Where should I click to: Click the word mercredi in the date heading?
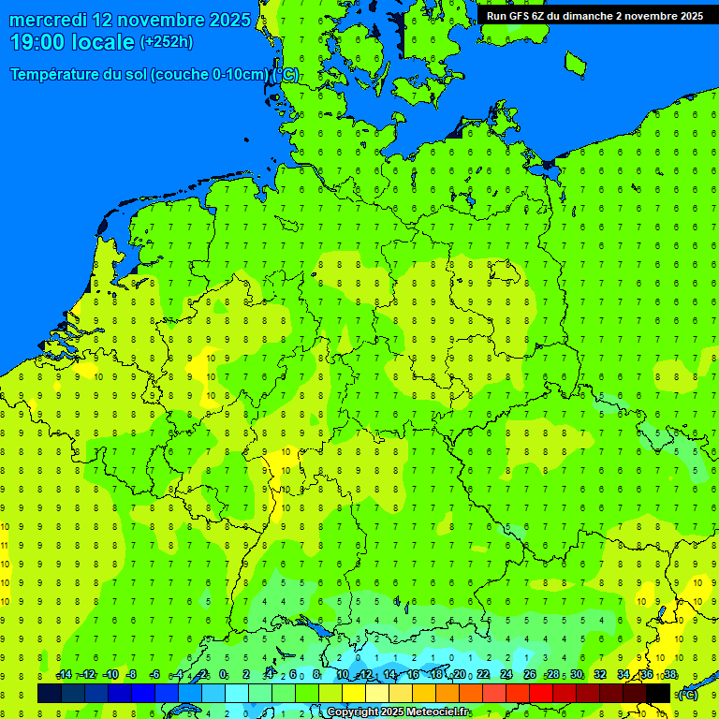49,20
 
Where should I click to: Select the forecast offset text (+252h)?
166,42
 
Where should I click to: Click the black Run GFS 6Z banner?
594,16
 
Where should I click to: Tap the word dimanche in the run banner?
584,16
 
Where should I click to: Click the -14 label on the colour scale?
64,675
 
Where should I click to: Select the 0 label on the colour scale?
223,675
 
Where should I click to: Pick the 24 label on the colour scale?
506,675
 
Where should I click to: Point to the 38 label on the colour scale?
670,675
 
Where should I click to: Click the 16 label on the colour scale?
413,675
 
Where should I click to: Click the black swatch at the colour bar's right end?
658,693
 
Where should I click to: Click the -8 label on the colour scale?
132,675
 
